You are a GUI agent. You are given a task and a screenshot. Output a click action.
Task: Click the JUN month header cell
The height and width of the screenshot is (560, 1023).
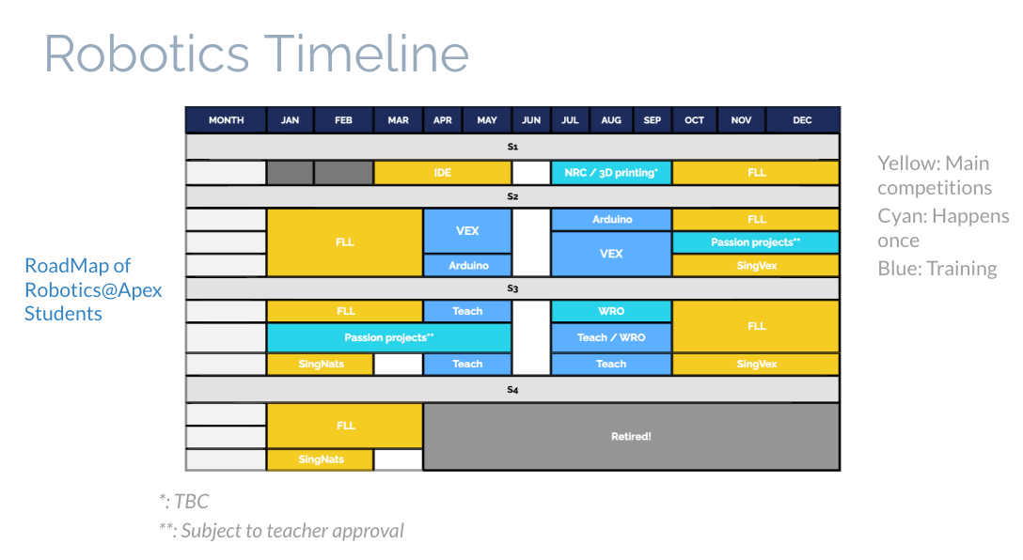click(x=531, y=120)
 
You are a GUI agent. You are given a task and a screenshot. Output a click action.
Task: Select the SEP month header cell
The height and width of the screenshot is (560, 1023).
click(x=653, y=120)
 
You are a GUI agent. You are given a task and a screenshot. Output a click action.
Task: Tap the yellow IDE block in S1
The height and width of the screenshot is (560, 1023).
click(x=442, y=173)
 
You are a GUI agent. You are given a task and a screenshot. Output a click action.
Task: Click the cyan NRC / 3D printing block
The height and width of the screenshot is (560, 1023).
click(x=611, y=173)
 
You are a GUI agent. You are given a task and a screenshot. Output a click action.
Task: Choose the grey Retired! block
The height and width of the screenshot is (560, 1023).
click(x=631, y=436)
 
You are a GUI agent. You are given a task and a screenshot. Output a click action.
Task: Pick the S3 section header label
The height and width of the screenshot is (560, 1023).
click(x=512, y=288)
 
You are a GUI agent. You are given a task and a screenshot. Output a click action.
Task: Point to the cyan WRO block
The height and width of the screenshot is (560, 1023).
click(x=611, y=311)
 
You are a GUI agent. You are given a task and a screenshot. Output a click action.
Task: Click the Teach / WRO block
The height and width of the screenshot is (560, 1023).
click(x=611, y=337)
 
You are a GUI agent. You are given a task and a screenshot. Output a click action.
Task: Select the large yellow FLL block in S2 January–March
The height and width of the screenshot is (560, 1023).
click(x=344, y=241)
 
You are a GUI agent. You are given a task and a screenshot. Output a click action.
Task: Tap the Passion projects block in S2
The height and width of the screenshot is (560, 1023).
click(x=756, y=241)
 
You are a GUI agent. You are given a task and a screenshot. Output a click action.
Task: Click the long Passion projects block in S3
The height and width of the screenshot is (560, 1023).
click(x=389, y=337)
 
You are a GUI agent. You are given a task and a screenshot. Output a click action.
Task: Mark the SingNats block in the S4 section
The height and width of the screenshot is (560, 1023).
click(x=321, y=459)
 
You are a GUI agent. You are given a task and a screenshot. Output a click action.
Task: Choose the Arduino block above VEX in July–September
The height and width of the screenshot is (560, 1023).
click(x=611, y=220)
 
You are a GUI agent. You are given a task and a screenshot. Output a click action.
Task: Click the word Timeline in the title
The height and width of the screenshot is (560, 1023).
click(x=367, y=54)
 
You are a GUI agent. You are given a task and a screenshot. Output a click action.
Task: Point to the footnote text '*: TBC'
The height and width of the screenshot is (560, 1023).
click(x=184, y=502)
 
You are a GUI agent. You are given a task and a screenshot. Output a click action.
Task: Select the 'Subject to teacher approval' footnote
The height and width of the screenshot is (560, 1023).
click(x=292, y=531)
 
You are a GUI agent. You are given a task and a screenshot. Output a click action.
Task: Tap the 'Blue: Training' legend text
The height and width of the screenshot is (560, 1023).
click(x=936, y=269)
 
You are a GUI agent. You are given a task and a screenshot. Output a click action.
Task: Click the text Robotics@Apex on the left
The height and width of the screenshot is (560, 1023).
click(x=93, y=290)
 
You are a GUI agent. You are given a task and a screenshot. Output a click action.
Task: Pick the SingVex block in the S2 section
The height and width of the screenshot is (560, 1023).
click(x=756, y=265)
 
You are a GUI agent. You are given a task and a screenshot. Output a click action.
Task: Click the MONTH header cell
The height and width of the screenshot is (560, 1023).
click(x=227, y=120)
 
